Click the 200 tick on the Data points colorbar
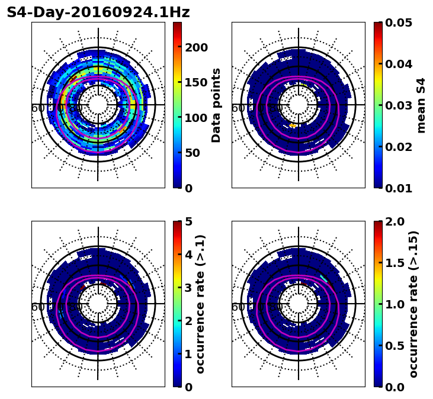196,47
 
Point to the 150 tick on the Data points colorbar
196,82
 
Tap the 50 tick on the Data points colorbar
193,153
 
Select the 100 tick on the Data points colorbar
196,118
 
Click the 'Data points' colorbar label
216,105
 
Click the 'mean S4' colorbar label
421,105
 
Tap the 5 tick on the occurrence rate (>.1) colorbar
188,221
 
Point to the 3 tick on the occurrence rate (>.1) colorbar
188,288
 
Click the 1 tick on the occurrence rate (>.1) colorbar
188,354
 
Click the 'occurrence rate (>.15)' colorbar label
413,304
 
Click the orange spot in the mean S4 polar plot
292,126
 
